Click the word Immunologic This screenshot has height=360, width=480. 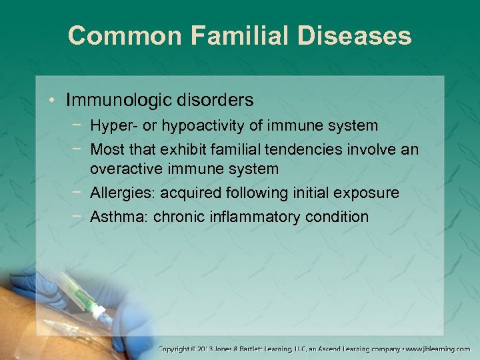click(119, 101)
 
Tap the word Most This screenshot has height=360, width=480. click(108, 149)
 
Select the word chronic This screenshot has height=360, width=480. click(175, 217)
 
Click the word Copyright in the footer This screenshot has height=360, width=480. click(177, 349)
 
